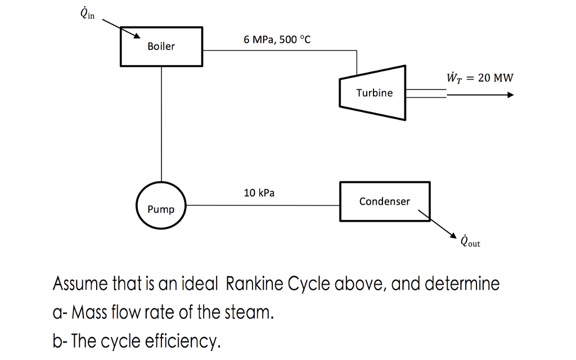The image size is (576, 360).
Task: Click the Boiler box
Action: pyautogui.click(x=161, y=46)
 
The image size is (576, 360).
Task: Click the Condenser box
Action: pyautogui.click(x=385, y=201)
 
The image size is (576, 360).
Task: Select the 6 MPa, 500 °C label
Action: pyautogui.click(x=277, y=40)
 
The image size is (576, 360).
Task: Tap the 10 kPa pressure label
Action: pyautogui.click(x=259, y=193)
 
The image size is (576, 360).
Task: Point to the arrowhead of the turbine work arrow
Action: pyautogui.click(x=510, y=95)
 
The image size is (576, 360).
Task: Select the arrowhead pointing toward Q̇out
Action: pyautogui.click(x=453, y=235)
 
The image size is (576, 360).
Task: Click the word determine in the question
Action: pyautogui.click(x=464, y=283)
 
